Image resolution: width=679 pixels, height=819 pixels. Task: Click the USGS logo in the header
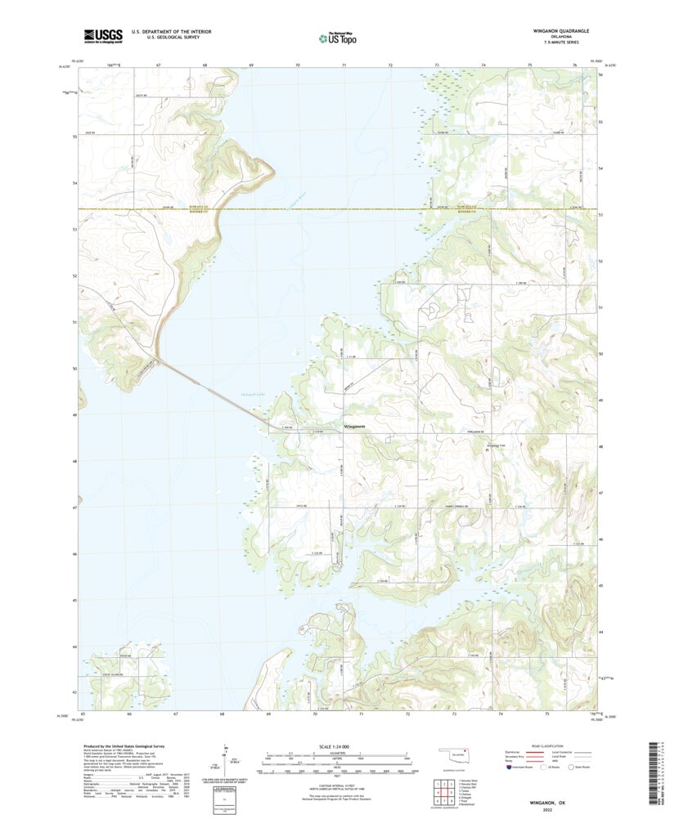[102, 35]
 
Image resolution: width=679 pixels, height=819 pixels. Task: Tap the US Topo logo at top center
[339, 37]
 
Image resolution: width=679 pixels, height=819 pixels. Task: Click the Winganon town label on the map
[354, 427]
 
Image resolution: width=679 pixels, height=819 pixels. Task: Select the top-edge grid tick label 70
[298, 65]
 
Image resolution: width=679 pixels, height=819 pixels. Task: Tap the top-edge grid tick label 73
[437, 65]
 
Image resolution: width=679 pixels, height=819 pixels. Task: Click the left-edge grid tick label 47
[74, 508]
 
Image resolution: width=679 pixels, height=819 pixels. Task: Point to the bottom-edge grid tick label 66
[129, 714]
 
